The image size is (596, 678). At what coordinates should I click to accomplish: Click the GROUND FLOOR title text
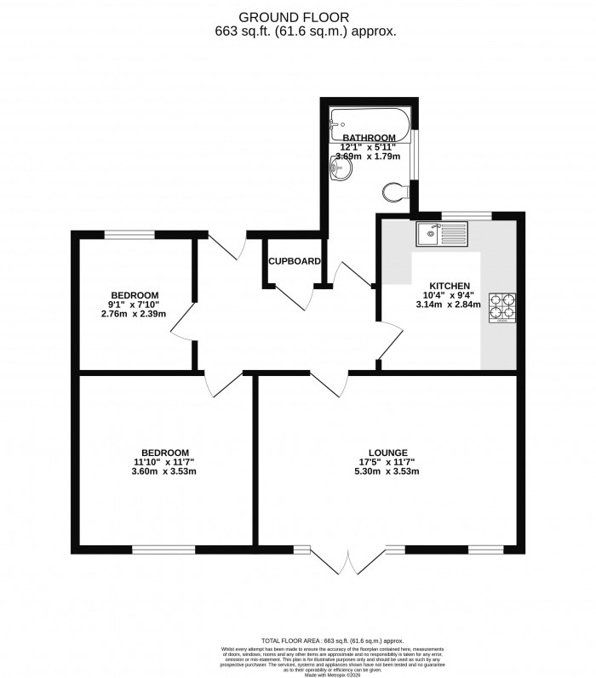click(297, 16)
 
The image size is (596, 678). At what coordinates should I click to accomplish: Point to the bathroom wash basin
click(340, 173)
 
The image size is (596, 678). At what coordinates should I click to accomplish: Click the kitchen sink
click(439, 231)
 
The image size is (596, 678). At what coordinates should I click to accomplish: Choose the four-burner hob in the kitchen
click(502, 308)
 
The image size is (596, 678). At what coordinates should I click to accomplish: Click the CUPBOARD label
click(295, 261)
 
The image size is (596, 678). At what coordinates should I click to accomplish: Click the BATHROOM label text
click(370, 138)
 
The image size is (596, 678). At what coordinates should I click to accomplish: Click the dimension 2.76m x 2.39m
click(134, 314)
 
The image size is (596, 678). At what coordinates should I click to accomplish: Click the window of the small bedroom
click(129, 233)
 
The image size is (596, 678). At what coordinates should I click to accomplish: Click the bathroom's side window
click(414, 154)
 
